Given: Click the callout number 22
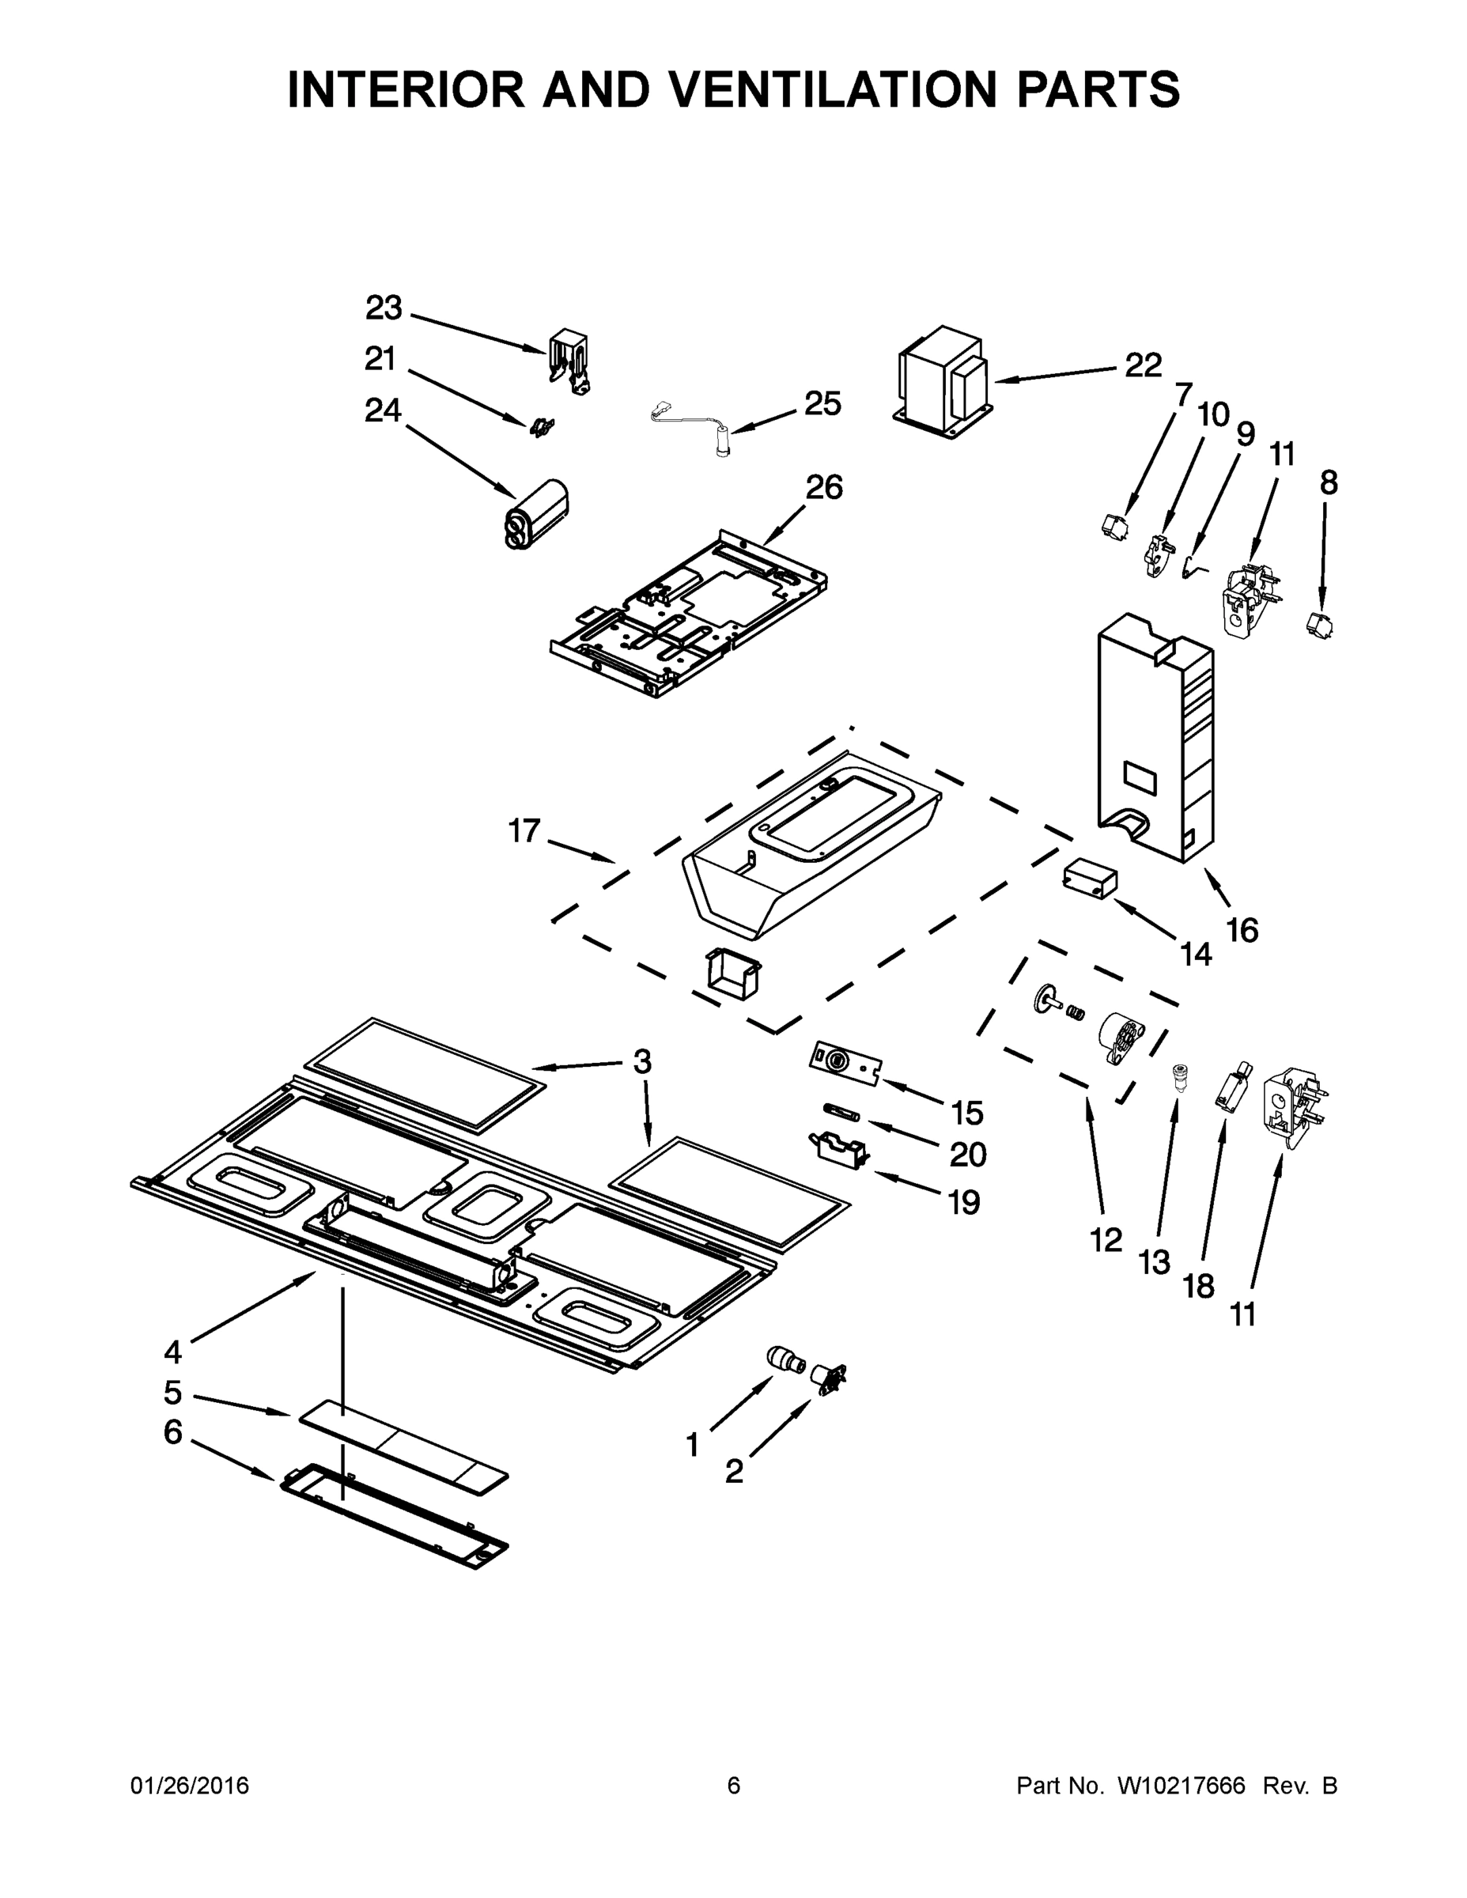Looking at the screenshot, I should tap(1143, 366).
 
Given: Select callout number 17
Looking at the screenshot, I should tap(524, 831).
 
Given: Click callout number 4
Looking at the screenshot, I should tap(173, 1352).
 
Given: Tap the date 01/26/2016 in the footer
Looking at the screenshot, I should tap(190, 1785).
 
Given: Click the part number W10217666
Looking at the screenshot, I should tap(1181, 1785).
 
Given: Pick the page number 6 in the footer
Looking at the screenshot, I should tap(734, 1785).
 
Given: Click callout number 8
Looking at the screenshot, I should tap(1328, 482).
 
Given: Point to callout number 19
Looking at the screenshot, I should tap(964, 1203).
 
